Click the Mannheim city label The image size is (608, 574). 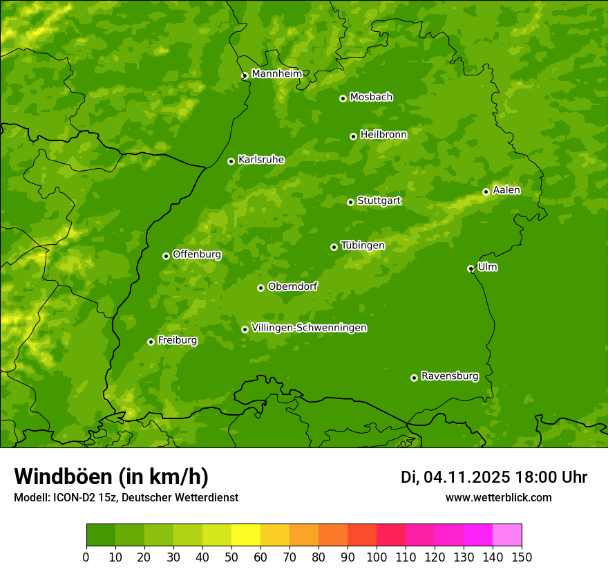coord(276,74)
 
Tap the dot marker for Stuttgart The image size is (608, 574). coord(350,202)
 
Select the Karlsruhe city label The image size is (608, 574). coord(260,160)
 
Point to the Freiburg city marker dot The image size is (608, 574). coord(151,342)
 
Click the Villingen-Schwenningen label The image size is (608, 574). coord(309,328)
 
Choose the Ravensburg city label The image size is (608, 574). coord(449,376)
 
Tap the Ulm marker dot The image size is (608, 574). coord(471,268)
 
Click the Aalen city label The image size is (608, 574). coord(506,190)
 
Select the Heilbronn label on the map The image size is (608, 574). coord(383,135)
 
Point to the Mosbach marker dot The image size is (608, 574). coord(343,98)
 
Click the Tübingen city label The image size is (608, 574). coord(363,246)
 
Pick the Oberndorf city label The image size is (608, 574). coord(292,286)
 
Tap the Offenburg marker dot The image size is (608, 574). coord(166,256)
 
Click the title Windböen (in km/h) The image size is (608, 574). coord(111,476)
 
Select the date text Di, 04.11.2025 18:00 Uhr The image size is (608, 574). coord(493,477)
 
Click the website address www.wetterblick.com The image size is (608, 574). coord(498,497)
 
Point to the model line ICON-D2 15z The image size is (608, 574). coord(126,497)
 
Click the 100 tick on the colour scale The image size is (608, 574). coord(377,557)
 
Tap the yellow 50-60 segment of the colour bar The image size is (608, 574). coord(246,535)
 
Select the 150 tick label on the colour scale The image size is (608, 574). coord(522,557)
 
